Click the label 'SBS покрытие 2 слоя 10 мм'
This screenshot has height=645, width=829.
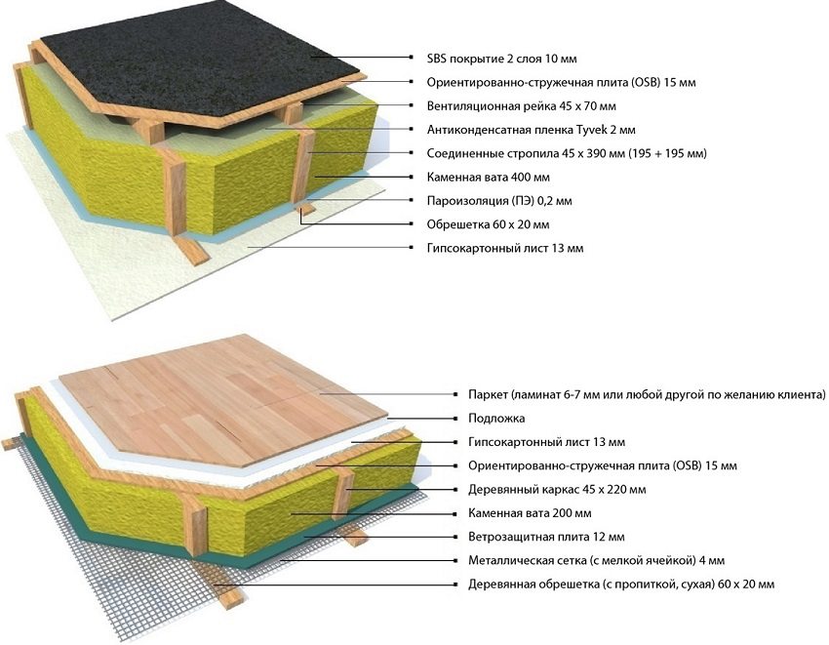pos(501,59)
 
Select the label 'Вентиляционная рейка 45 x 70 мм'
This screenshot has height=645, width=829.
pos(522,105)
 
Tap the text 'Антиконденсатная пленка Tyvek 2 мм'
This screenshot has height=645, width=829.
pos(532,130)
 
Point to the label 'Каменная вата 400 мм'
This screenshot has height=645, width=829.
pos(488,177)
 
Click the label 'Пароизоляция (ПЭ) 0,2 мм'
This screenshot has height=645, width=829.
pos(499,201)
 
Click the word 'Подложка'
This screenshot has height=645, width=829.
pos(496,418)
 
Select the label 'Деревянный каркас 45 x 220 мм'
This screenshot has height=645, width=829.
pos(557,490)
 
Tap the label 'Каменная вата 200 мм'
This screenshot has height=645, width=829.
pos(530,512)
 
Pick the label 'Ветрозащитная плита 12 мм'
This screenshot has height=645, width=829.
pos(546,537)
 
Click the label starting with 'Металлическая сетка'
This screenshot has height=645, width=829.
pos(596,560)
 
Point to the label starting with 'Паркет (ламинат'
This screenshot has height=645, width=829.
pos(647,395)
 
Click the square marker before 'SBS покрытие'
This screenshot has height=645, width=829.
pos(412,58)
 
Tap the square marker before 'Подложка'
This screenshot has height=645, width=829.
pos(454,418)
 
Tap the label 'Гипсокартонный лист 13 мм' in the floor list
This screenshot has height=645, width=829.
pos(546,442)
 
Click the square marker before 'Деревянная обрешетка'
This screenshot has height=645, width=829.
pos(454,585)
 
